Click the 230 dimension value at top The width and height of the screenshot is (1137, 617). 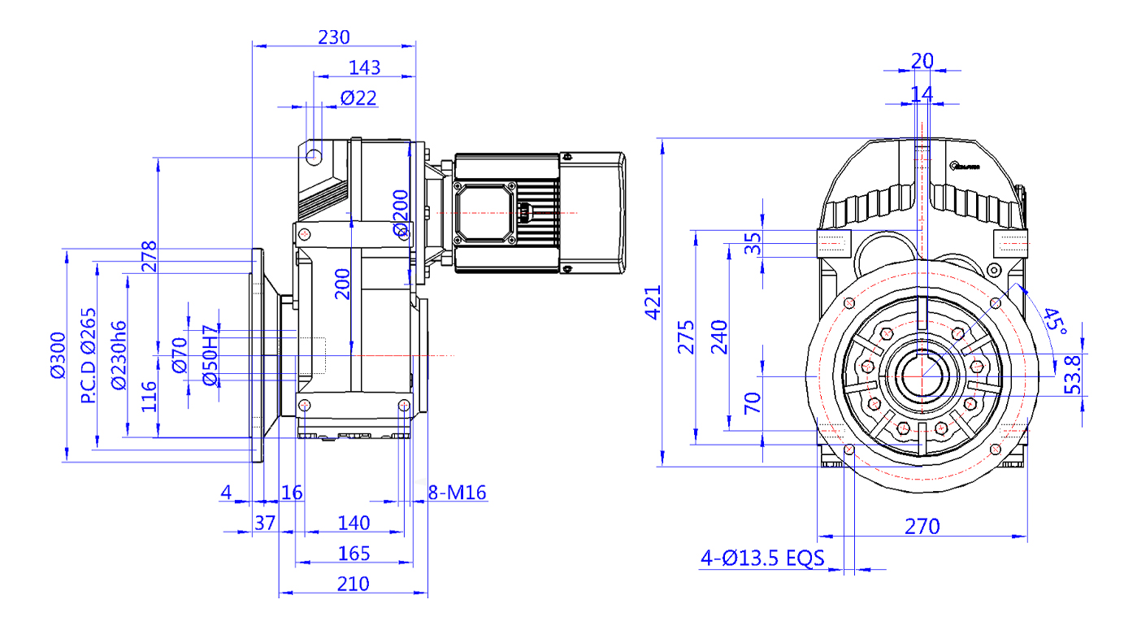pos(333,37)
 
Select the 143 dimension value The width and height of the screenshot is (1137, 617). pos(364,67)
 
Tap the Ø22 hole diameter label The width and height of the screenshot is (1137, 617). pos(358,98)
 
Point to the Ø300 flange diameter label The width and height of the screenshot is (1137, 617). pos(57,355)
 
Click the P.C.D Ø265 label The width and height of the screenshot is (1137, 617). pos(89,355)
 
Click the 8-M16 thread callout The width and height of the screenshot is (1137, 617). pos(457,493)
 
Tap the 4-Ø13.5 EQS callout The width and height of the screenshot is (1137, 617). pos(762,558)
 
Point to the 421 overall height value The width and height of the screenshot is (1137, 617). pos(653,302)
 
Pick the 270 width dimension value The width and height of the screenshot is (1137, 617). pos(922,527)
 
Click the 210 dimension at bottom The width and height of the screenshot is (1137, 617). pos(353,584)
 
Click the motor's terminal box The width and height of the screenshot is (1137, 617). pos(486,213)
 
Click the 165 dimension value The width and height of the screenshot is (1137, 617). pos(354,554)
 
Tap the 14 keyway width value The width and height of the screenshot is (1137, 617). pos(922,93)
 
